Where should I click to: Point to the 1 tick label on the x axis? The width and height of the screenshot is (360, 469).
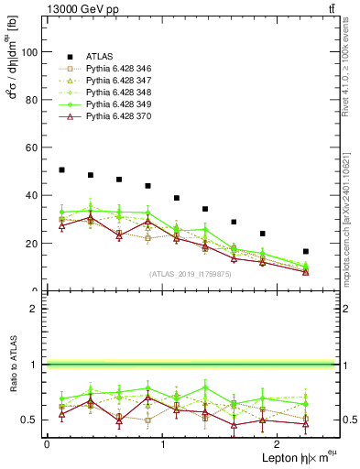click(162, 443)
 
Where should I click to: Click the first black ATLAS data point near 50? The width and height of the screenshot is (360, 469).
click(61, 169)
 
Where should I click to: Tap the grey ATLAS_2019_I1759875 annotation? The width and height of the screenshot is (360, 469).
click(191, 273)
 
